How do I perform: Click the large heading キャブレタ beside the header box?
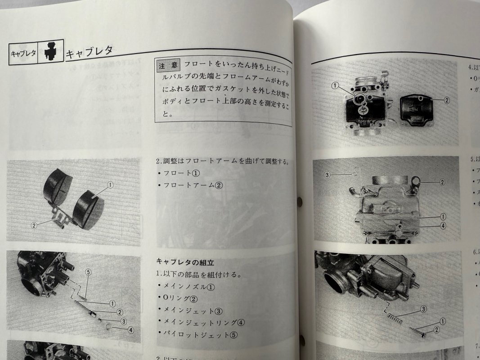(89, 52)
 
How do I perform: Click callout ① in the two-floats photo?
(110, 184)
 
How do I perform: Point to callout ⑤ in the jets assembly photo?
(88, 272)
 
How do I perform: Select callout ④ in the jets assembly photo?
(130, 329)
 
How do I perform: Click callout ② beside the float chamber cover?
(446, 100)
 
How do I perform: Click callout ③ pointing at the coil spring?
(423, 309)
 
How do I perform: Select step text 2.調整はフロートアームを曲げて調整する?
(222, 161)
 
